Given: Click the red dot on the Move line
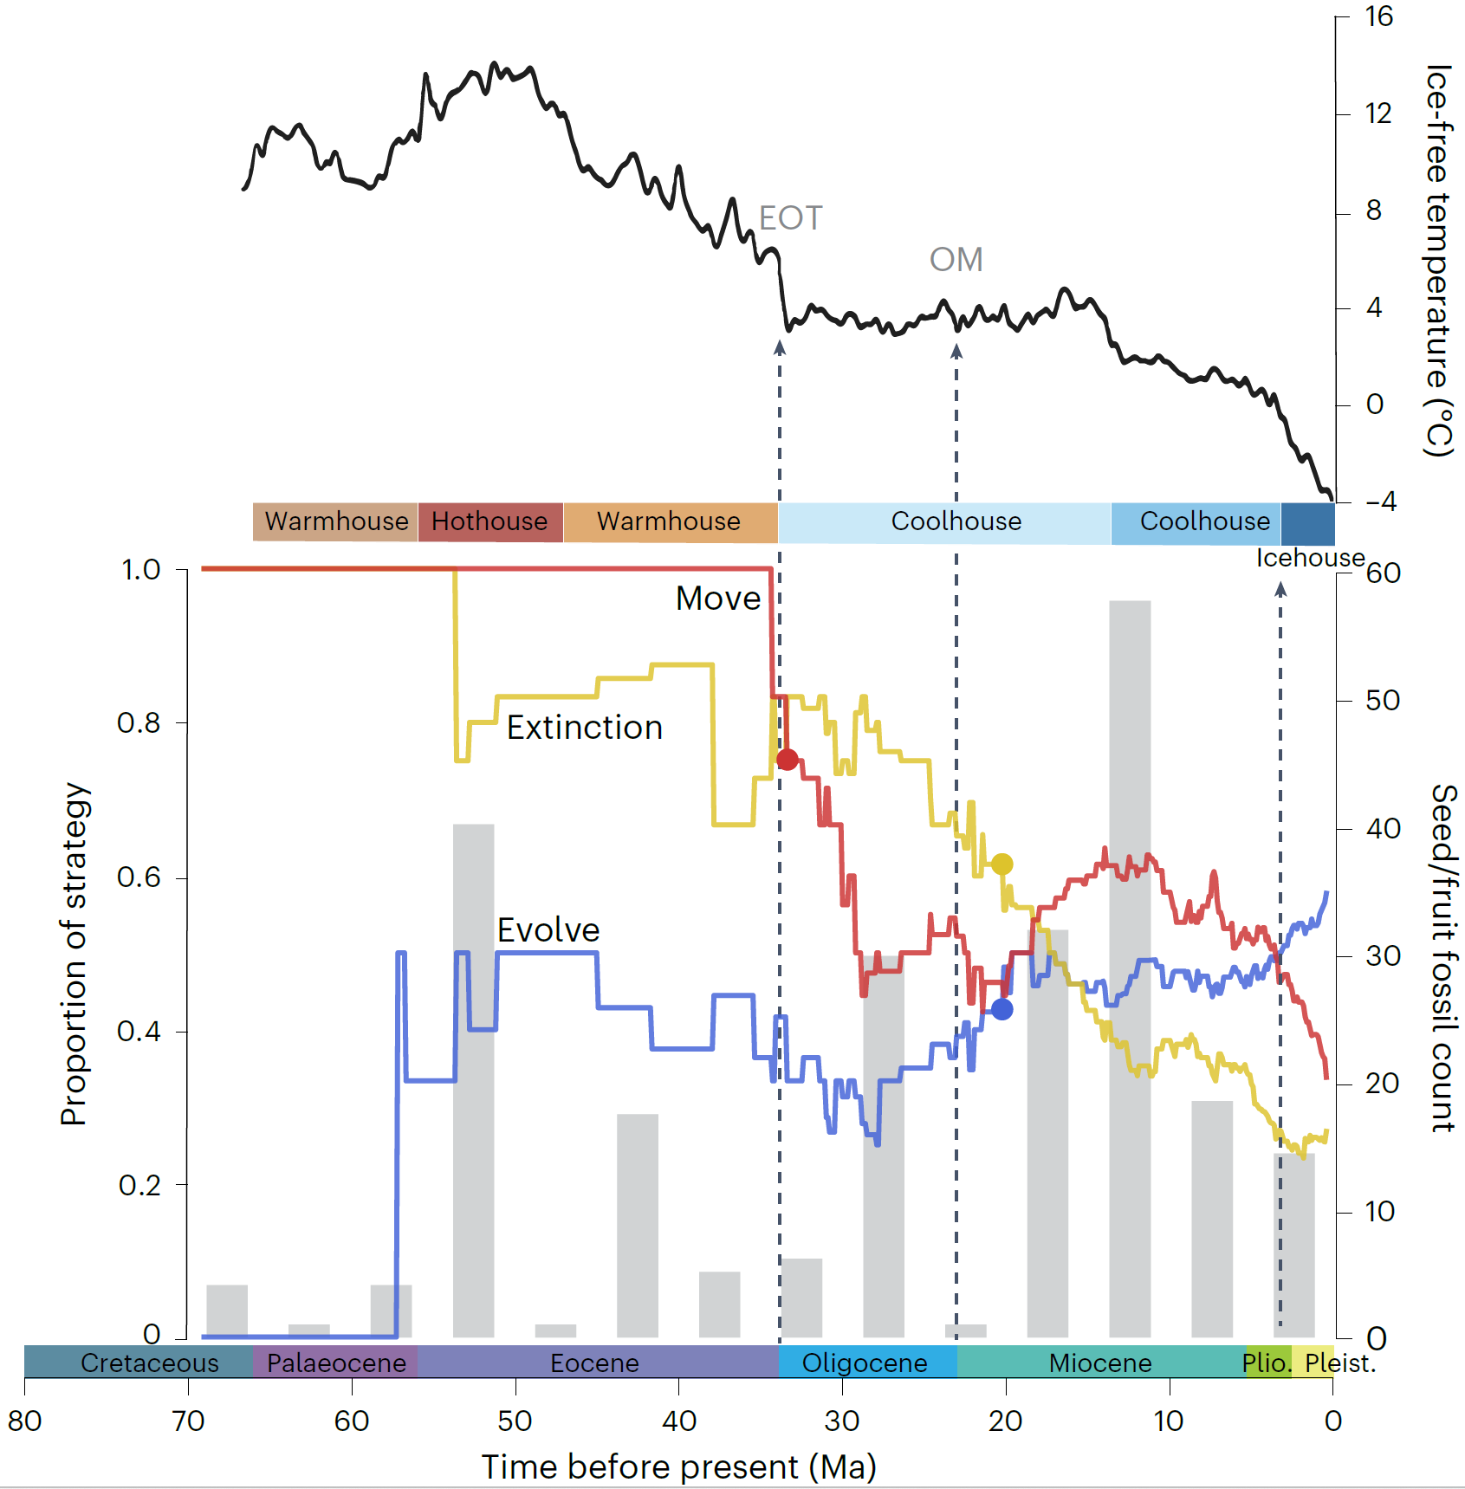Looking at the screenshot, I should click(x=787, y=760).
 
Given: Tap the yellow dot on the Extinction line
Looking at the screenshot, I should click(x=1002, y=864).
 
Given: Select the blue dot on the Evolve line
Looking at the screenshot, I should click(x=1002, y=1009).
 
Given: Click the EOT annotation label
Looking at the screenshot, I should click(x=790, y=218).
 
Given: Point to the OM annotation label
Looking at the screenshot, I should click(x=956, y=260).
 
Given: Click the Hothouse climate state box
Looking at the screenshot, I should click(x=489, y=521).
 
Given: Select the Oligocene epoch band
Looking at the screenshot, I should click(x=865, y=1363).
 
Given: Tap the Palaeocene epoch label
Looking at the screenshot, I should click(x=336, y=1363).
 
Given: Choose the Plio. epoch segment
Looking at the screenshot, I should click(x=1267, y=1363).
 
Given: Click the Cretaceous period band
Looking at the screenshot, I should click(x=149, y=1363).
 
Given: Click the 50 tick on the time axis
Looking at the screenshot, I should click(x=515, y=1421).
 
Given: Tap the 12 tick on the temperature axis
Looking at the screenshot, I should click(x=1377, y=113).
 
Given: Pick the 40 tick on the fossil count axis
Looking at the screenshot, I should click(x=1383, y=829).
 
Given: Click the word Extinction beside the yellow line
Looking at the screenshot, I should click(x=585, y=728).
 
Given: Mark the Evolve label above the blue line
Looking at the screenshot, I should click(x=548, y=930).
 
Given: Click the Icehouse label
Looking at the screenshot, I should click(x=1310, y=558).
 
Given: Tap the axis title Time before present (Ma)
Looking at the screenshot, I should click(x=679, y=1467).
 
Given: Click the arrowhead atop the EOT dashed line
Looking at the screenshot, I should click(x=780, y=347).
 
